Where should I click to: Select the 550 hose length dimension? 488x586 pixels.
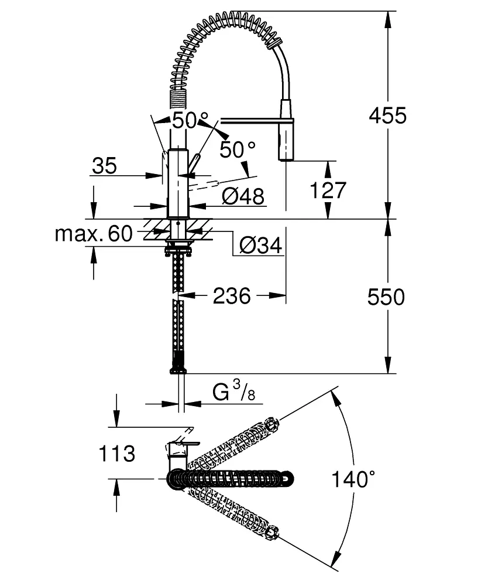[386, 297]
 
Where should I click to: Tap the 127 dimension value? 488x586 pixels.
[328, 191]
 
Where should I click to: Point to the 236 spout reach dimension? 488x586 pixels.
[232, 296]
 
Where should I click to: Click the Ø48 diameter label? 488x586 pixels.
[243, 196]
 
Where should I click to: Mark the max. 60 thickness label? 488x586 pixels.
[94, 234]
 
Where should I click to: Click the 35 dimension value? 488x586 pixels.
[104, 166]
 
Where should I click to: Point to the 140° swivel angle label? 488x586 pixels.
[352, 480]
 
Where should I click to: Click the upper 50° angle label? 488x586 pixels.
[184, 121]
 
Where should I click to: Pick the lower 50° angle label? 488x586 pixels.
[238, 150]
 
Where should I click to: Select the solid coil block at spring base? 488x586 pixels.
[177, 97]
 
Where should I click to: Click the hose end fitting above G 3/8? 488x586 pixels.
[178, 368]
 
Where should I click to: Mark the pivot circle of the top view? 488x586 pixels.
[178, 479]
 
